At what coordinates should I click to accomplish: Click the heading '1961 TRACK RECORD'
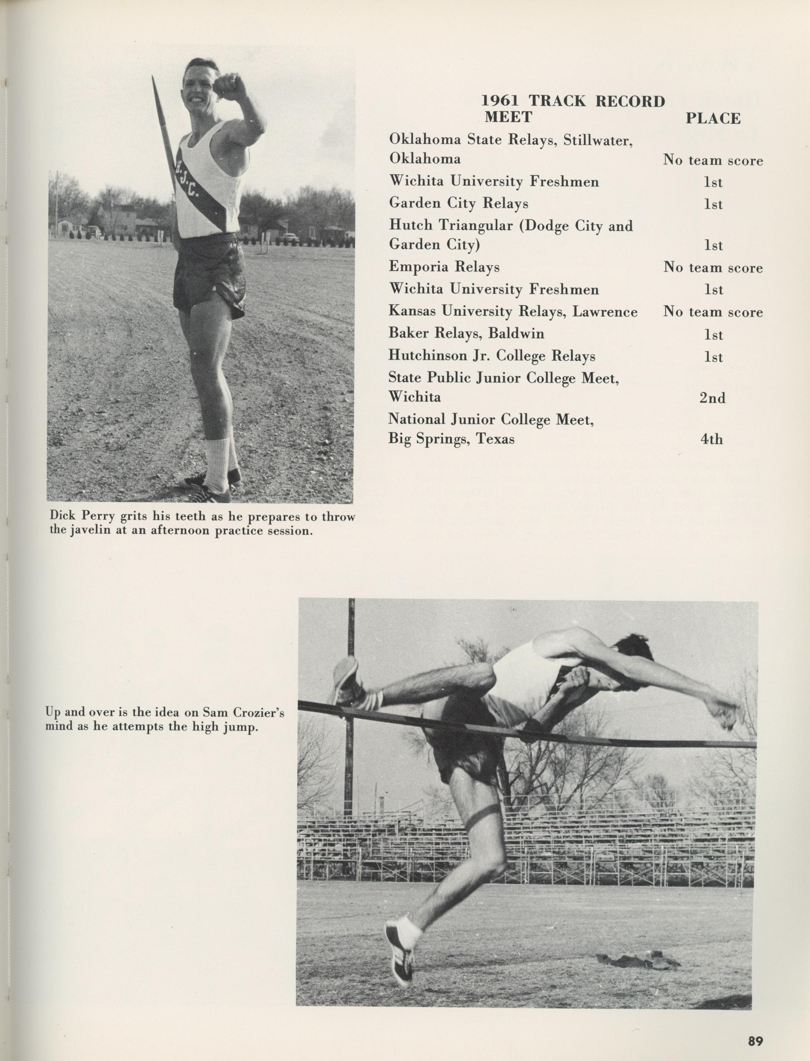click(x=573, y=101)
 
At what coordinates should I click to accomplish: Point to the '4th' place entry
click(x=712, y=439)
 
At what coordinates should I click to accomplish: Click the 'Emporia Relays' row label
click(x=444, y=267)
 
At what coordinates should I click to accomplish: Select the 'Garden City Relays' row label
click(x=458, y=203)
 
